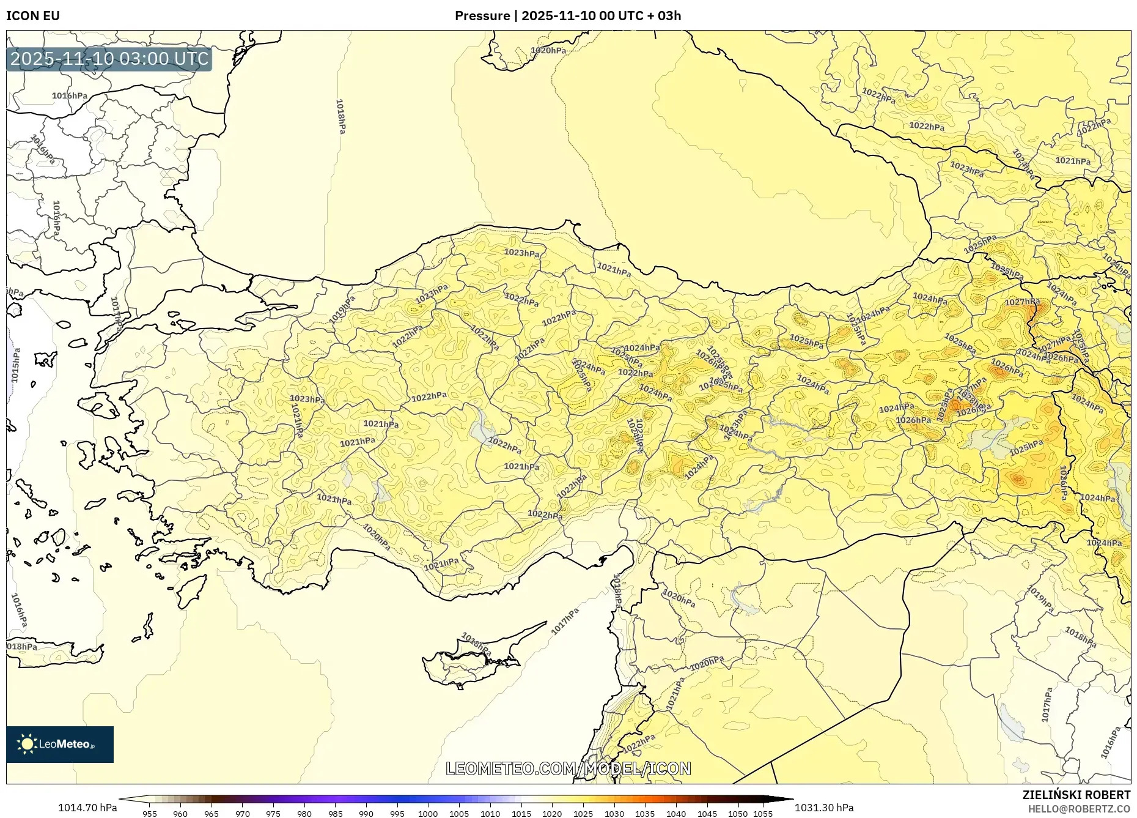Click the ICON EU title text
tap(33, 16)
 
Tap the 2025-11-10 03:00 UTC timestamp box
tap(109, 59)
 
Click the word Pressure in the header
tap(482, 16)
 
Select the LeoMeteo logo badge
tap(60, 744)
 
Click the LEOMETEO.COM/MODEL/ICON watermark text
tap(568, 768)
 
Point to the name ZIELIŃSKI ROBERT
tap(1076, 795)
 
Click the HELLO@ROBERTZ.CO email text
tap(1079, 809)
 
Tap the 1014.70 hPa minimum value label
tap(87, 808)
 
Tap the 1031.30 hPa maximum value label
tap(824, 808)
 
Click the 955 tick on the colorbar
tap(150, 814)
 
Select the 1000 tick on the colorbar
tap(428, 814)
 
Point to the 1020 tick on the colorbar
tap(551, 814)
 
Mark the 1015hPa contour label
tap(15, 366)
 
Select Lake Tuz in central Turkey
tap(483, 428)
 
